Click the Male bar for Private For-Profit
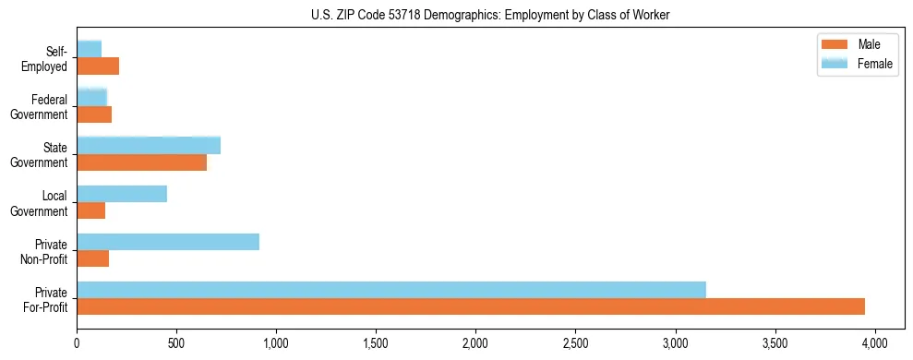pyautogui.click(x=471, y=306)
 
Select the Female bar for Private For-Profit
pyautogui.click(x=391, y=290)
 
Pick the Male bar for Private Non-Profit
pyautogui.click(x=92, y=258)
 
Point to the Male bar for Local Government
pyautogui.click(x=90, y=210)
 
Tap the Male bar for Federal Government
pyautogui.click(x=94, y=114)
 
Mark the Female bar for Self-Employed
pyautogui.click(x=89, y=49)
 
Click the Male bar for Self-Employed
pyautogui.click(x=98, y=66)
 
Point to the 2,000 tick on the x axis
pyautogui.click(x=475, y=342)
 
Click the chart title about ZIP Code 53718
pyautogui.click(x=490, y=14)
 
